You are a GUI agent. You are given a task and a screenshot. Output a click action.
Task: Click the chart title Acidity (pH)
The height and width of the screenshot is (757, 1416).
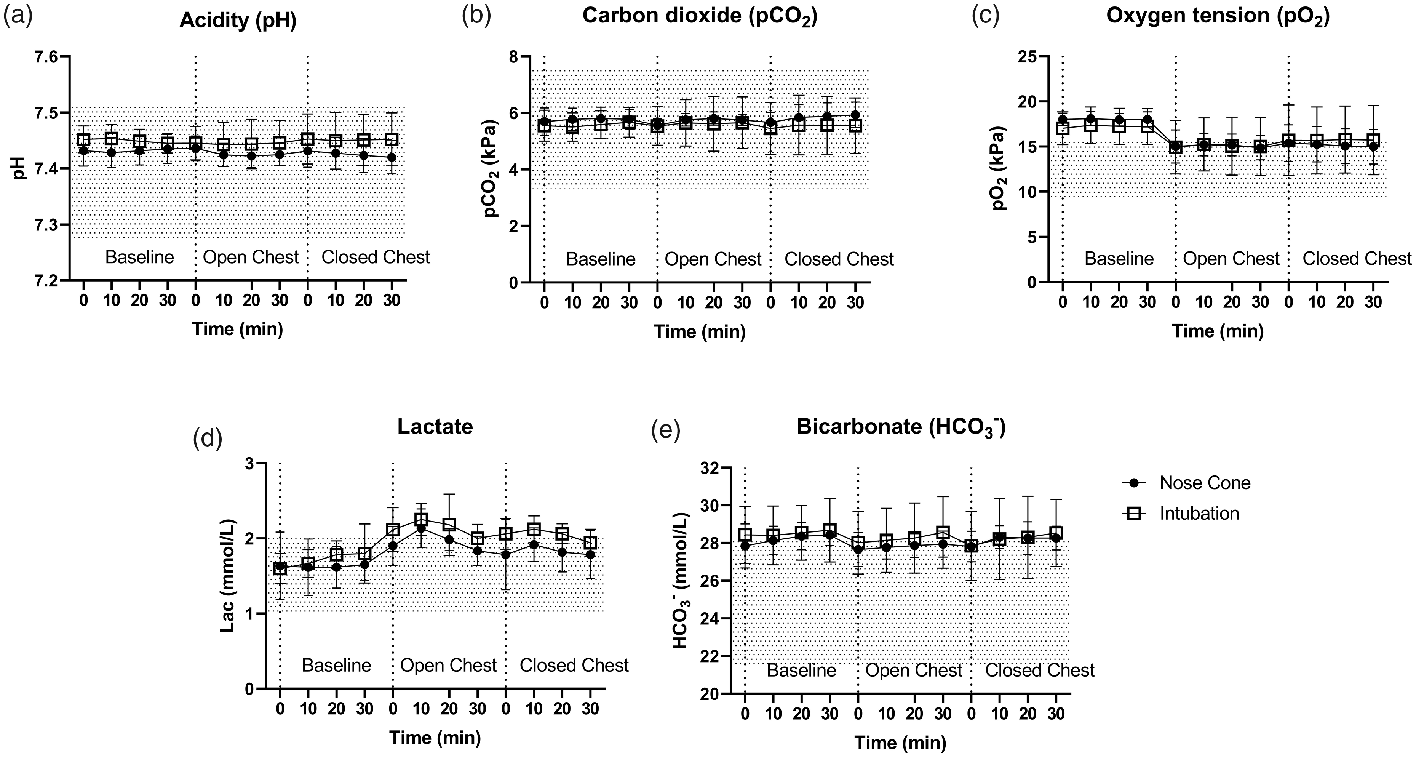[x=238, y=21]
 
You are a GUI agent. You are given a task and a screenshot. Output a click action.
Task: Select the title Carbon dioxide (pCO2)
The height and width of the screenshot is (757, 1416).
[x=700, y=16]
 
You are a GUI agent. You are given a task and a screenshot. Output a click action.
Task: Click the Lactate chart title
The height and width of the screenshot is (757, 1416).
[x=435, y=427]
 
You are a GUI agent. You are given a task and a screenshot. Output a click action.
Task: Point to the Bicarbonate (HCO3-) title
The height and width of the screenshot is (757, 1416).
[x=901, y=428]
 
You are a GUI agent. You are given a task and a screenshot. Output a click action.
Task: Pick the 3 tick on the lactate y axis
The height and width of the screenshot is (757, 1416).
[x=251, y=463]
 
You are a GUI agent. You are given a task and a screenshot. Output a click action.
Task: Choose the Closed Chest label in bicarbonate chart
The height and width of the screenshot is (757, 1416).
[x=1039, y=670]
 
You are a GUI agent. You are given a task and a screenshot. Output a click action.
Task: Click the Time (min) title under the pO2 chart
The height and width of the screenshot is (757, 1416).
[x=1218, y=331]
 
